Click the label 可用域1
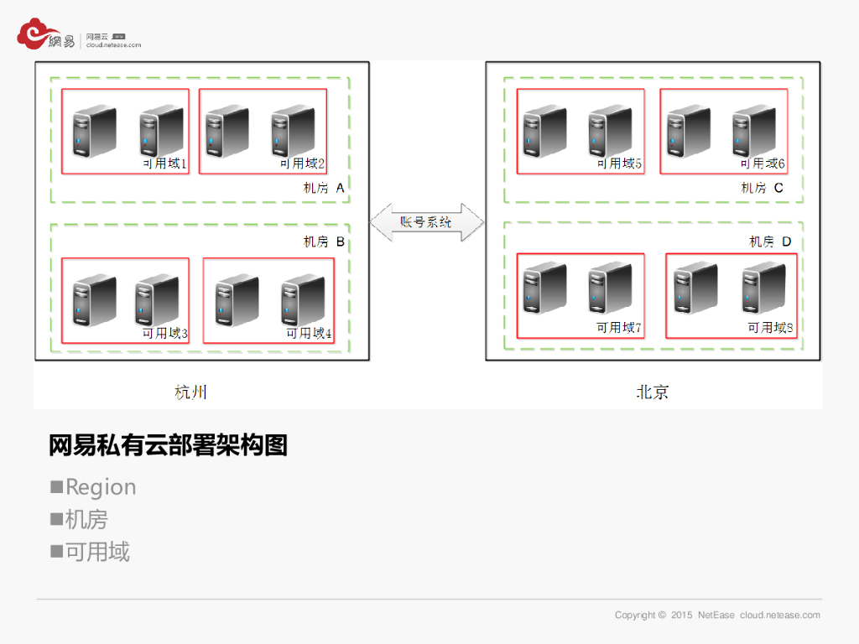click(x=164, y=164)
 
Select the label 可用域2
click(x=302, y=164)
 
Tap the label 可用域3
click(x=165, y=334)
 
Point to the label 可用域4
click(x=309, y=334)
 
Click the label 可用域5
click(x=619, y=164)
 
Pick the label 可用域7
click(x=619, y=327)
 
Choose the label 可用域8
click(x=770, y=327)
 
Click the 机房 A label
click(x=324, y=189)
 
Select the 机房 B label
click(x=324, y=242)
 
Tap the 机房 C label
click(x=762, y=189)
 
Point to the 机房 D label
click(x=770, y=242)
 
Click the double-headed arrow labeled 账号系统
click(x=427, y=222)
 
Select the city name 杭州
click(x=190, y=392)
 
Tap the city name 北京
click(x=652, y=392)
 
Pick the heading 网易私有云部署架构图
click(x=168, y=445)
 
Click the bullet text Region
click(x=101, y=487)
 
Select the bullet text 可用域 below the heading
click(x=97, y=552)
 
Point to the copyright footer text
click(x=717, y=615)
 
